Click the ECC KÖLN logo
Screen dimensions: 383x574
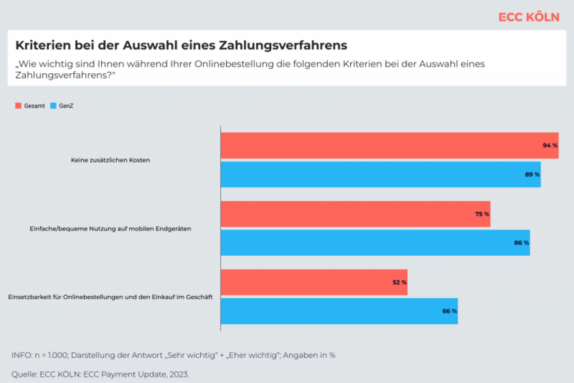pyautogui.click(x=528, y=17)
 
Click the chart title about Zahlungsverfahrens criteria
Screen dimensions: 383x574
pyautogui.click(x=181, y=45)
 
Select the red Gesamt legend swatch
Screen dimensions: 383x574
pyautogui.click(x=18, y=106)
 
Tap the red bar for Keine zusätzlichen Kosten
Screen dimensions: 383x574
pyautogui.click(x=389, y=146)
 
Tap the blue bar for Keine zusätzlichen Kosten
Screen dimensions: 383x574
pyautogui.click(x=380, y=174)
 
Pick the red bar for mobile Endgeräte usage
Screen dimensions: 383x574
pyautogui.click(x=355, y=214)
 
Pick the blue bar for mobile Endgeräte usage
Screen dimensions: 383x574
pyautogui.click(x=374, y=243)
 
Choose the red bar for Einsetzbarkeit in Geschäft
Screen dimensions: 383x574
pyautogui.click(x=314, y=282)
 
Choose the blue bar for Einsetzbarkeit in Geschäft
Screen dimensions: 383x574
pyautogui.click(x=339, y=311)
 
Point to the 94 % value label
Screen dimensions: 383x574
pyautogui.click(x=549, y=146)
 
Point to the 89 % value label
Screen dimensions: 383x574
pyautogui.click(x=532, y=174)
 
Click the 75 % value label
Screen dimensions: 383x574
pyautogui.click(x=482, y=214)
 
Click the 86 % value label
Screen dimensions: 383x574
pyautogui.click(x=521, y=243)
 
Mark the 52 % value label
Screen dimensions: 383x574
pyautogui.click(x=399, y=282)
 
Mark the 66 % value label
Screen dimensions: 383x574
pyautogui.click(x=449, y=311)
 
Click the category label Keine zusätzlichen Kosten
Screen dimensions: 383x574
pyautogui.click(x=110, y=160)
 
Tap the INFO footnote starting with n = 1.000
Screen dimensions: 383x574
pyautogui.click(x=173, y=355)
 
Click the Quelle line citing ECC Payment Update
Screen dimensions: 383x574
pyautogui.click(x=100, y=374)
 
